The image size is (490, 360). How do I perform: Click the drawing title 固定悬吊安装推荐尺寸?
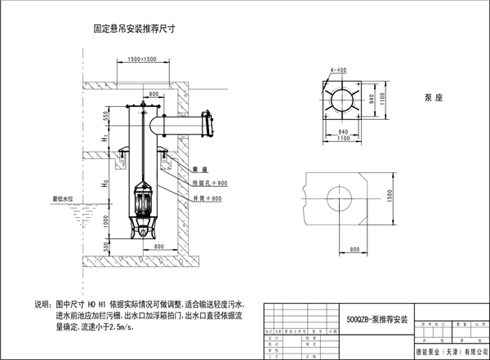pos(135,28)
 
